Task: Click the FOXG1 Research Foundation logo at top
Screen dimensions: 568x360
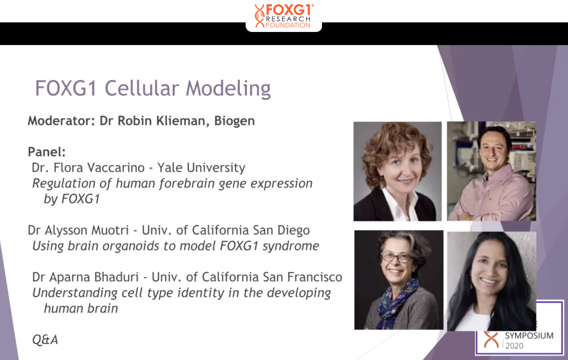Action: click(284, 16)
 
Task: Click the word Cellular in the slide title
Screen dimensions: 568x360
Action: click(142, 88)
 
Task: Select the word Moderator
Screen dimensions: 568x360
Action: click(61, 121)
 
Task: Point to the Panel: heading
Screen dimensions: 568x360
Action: click(47, 152)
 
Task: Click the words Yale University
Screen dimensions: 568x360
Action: click(201, 168)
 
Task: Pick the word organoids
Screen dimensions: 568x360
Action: click(131, 246)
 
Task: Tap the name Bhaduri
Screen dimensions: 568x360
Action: click(117, 277)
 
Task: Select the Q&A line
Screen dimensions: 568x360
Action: click(45, 340)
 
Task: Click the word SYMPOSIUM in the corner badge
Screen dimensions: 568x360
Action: click(529, 336)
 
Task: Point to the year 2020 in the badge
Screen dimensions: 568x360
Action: click(514, 346)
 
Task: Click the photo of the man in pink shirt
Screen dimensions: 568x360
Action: click(491, 171)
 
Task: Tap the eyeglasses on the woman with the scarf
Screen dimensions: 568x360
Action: click(396, 257)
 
